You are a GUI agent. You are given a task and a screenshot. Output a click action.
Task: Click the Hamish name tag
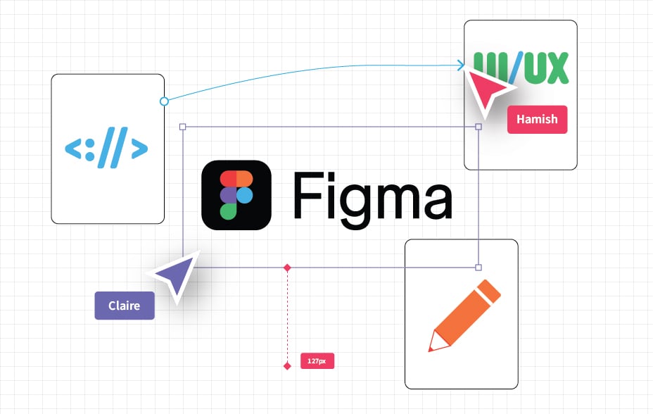(x=537, y=120)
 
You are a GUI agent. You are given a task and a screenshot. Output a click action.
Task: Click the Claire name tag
(x=124, y=306)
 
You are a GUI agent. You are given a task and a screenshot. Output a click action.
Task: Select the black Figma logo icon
(x=236, y=195)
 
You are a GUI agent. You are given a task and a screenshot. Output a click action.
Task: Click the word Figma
(x=372, y=194)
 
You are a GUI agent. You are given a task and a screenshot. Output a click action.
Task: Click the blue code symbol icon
(x=107, y=149)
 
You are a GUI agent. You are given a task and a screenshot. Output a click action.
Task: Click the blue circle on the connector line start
(x=164, y=101)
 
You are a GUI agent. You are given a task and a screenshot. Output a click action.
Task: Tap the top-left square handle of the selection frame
(x=183, y=127)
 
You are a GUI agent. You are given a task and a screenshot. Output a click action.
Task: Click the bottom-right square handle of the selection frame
(x=478, y=268)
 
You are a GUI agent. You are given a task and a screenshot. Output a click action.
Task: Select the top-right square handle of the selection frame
(x=478, y=127)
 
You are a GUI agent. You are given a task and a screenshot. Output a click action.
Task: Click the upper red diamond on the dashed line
(x=287, y=268)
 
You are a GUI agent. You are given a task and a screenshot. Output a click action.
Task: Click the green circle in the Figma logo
(x=228, y=211)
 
